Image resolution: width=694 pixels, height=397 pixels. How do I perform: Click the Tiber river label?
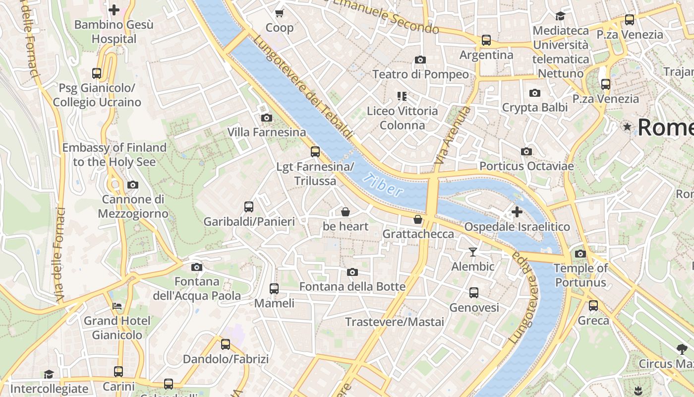pos(382,185)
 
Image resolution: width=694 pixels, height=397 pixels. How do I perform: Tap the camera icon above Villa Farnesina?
pos(266,118)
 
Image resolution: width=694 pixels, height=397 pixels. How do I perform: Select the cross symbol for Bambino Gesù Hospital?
pos(114,9)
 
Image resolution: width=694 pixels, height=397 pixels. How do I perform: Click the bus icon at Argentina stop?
pos(486,40)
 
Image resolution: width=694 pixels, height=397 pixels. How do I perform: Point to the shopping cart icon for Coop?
pos(280,13)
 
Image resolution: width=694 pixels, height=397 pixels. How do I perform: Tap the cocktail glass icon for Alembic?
pos(473,252)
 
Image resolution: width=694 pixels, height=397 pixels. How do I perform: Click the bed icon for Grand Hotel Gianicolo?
pos(117,306)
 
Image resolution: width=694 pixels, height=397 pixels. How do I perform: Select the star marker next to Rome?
pos(627,127)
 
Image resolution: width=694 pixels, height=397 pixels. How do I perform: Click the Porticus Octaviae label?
pos(526,166)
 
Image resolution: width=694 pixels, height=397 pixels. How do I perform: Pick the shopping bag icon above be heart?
pos(346,212)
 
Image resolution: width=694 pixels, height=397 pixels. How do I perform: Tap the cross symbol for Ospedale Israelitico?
pos(517,212)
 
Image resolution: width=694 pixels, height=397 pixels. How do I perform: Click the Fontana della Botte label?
pos(352,287)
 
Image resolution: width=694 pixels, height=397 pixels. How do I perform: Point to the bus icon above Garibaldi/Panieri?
pos(249,207)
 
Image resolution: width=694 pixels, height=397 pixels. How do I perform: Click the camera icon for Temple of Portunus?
pos(580,254)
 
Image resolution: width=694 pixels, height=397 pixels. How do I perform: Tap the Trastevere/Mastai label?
pos(395,322)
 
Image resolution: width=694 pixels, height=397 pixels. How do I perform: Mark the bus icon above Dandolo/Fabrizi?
pos(226,344)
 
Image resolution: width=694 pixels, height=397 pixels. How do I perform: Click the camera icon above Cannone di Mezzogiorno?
pos(132,185)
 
